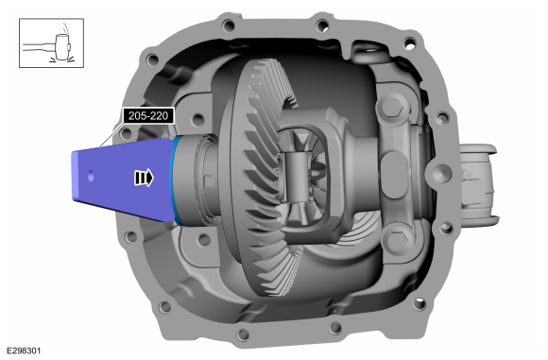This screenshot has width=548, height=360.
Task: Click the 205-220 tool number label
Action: (148, 115)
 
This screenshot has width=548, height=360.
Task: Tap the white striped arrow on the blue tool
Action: (144, 178)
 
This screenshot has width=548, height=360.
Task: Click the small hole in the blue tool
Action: (91, 177)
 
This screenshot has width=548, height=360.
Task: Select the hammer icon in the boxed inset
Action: (51, 46)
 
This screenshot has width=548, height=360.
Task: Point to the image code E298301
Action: (24, 351)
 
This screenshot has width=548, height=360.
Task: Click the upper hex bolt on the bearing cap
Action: (394, 107)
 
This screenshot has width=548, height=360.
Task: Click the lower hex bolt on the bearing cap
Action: (396, 239)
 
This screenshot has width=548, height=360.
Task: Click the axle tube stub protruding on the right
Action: (479, 184)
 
